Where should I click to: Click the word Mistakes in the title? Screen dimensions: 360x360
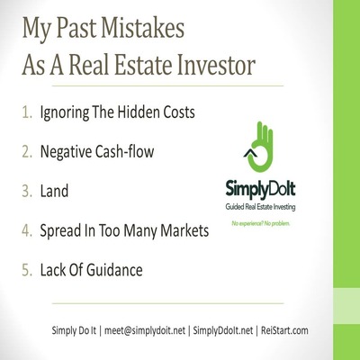point(142,29)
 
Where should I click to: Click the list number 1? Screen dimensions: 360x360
point(27,112)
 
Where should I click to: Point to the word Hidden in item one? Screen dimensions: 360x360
point(139,112)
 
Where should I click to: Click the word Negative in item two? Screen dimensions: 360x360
point(66,151)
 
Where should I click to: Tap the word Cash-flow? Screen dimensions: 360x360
point(125,151)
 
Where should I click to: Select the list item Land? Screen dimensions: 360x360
point(54,191)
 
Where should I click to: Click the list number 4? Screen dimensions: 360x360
point(27,230)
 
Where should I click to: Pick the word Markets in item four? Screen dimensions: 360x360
point(184,230)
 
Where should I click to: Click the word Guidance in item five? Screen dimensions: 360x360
point(114,270)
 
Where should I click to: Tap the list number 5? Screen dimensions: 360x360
point(27,270)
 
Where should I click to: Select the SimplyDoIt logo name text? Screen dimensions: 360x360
point(260,190)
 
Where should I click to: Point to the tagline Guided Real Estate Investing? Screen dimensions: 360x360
point(260,207)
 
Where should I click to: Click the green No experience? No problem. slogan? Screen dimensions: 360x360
point(261,223)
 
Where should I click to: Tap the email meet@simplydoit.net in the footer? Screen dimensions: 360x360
point(145,330)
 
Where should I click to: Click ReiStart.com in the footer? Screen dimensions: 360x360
point(284,330)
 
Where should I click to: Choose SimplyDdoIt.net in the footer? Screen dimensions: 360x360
point(223,330)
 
